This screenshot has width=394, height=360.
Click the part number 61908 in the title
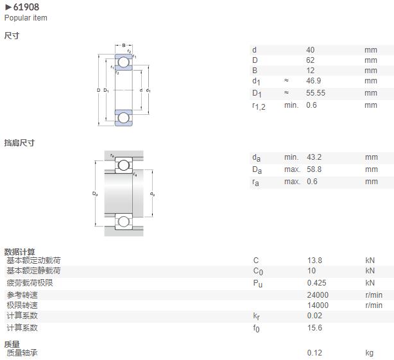point(26,7)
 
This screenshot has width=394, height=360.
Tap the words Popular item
point(26,18)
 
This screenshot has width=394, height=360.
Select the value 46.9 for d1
point(313,81)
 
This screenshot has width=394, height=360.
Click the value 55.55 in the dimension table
point(316,93)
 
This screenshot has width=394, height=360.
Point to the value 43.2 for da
point(314,157)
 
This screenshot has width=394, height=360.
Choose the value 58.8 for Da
point(314,169)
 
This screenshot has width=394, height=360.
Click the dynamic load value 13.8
point(314,261)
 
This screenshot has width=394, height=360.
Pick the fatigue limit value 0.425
point(316,283)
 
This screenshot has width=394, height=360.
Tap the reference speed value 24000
point(318,295)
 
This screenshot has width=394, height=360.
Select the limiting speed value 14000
point(318,305)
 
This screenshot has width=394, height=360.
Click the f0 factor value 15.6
point(314,327)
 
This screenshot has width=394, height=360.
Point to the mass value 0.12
point(314,353)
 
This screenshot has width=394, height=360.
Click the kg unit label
point(370,353)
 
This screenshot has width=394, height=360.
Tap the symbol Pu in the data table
point(257,284)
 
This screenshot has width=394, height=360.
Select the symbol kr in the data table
point(256,316)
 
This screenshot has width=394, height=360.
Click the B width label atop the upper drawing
point(124,46)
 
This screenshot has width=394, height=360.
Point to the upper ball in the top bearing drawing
point(123,62)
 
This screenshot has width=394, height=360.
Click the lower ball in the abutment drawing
point(123,221)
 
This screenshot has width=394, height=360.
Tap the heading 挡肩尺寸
point(19,143)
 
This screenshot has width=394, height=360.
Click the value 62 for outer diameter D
point(311,60)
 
